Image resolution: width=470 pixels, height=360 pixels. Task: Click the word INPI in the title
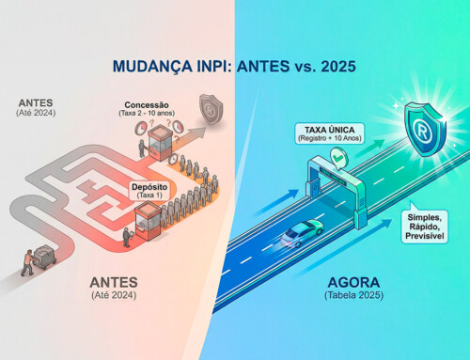pyautogui.click(x=206, y=69)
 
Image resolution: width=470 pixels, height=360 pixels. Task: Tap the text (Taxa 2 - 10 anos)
pyautogui.click(x=152, y=115)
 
